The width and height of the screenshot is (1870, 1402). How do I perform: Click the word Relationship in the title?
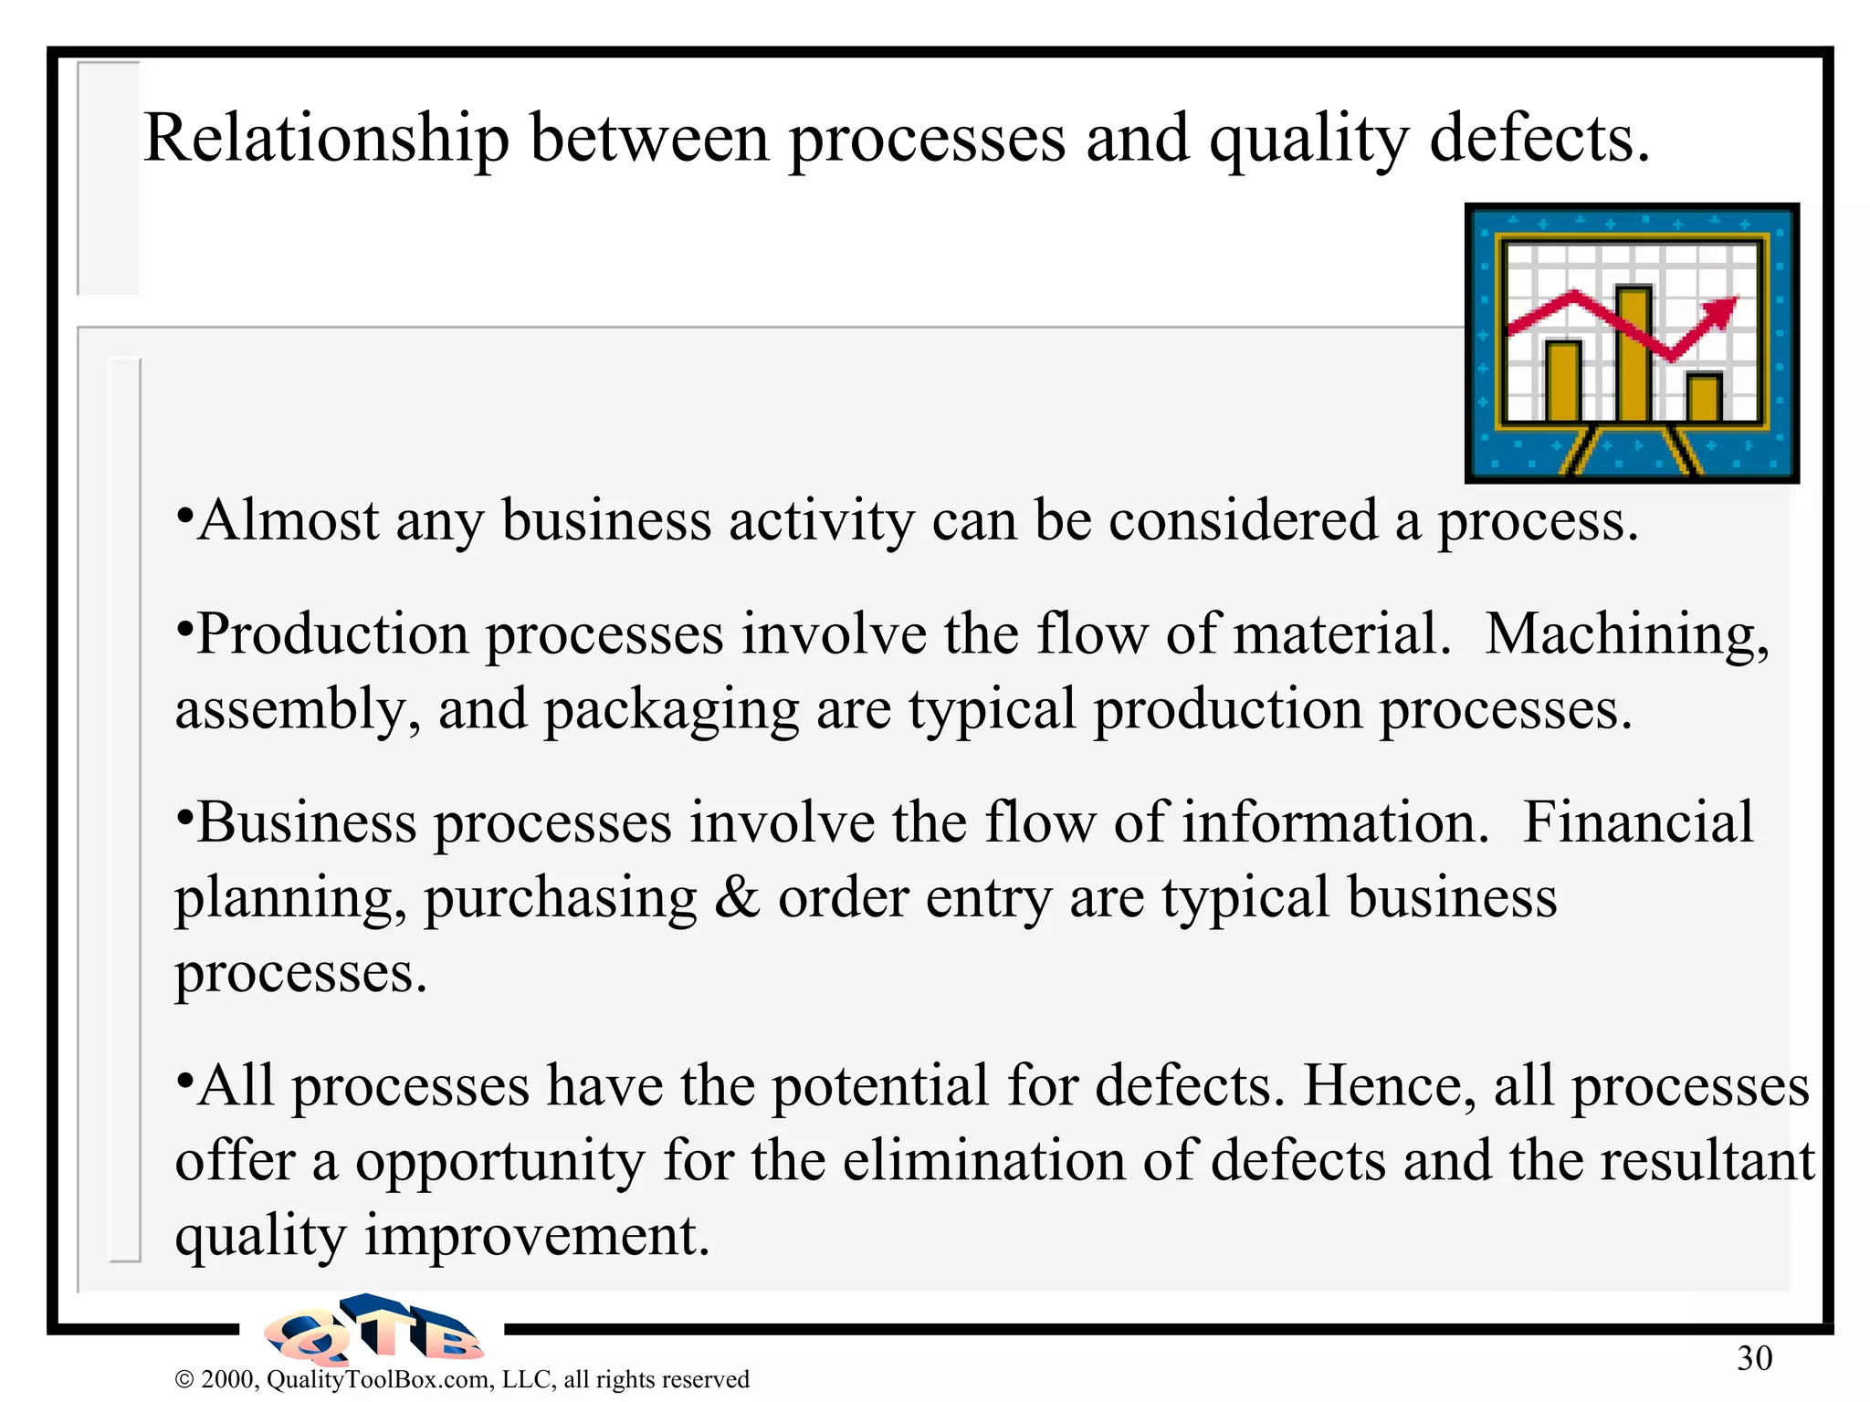326,140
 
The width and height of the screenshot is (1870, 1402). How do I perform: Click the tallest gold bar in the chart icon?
1633,353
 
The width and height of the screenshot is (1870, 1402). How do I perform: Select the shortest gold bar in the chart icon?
1703,397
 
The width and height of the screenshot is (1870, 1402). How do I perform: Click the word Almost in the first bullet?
289,521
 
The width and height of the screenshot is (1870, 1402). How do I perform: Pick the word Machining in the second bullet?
1626,634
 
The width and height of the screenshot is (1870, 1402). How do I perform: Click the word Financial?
1638,822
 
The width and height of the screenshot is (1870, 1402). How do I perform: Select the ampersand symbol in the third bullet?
737,898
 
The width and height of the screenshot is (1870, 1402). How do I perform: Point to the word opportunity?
499,1161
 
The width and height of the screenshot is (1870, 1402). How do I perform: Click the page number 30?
1754,1359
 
